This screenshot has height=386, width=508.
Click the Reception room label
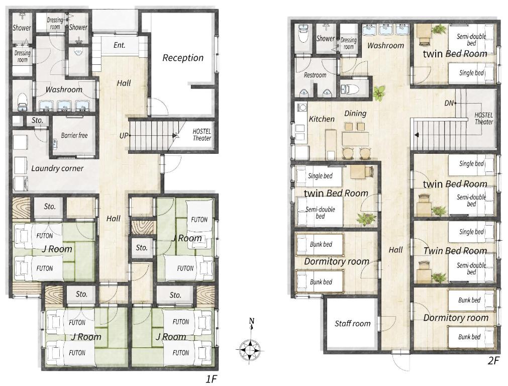click(x=183, y=58)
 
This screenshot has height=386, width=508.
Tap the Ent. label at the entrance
click(x=119, y=45)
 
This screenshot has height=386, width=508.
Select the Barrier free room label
click(x=74, y=135)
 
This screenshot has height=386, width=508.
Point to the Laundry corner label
click(x=57, y=168)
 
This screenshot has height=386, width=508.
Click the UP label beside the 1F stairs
click(x=124, y=136)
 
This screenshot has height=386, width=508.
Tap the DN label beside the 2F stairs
click(x=449, y=103)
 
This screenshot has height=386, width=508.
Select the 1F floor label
click(x=211, y=379)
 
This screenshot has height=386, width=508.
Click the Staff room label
click(x=353, y=324)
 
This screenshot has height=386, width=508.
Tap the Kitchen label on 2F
click(x=322, y=119)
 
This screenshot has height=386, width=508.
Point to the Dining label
click(x=355, y=114)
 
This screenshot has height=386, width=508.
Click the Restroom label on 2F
click(x=315, y=75)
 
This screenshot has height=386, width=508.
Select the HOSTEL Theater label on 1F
click(x=202, y=135)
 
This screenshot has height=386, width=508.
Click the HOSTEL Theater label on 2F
click(x=484, y=118)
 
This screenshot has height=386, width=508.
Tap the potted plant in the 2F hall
click(x=378, y=93)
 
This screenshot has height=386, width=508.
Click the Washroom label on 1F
click(x=64, y=89)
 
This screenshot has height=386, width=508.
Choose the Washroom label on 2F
click(x=385, y=45)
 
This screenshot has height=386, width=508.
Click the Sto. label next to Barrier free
click(x=37, y=120)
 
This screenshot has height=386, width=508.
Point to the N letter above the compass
click(x=251, y=321)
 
